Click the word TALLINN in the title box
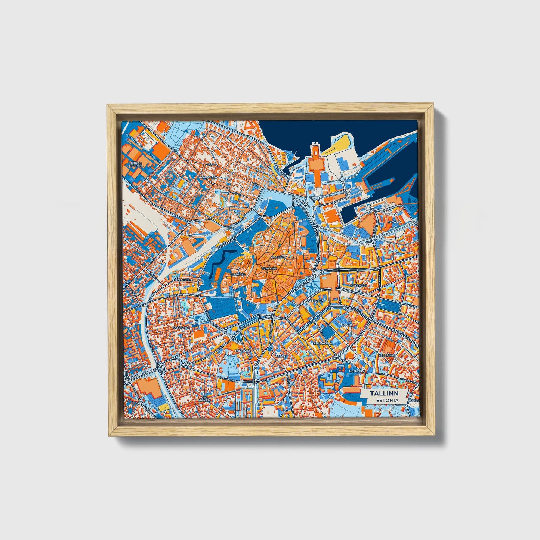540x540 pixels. point(384,394)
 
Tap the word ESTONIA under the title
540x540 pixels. point(387,400)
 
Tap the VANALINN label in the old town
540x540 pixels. point(269,268)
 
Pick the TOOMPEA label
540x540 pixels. point(238,274)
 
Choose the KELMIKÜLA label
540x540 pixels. point(183,280)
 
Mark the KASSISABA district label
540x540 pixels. point(181,327)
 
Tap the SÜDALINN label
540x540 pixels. point(316,300)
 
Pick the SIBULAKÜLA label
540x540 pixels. point(322,343)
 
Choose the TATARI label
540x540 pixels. point(281,356)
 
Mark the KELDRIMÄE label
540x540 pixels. point(387,355)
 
